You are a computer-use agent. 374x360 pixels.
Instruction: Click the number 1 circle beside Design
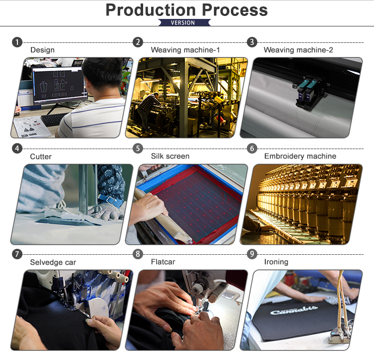click(x=17, y=42)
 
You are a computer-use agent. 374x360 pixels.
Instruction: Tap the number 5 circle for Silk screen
click(x=138, y=149)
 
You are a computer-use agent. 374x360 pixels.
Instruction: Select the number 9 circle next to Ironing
click(x=252, y=254)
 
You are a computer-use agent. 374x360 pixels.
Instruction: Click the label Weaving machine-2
click(x=298, y=50)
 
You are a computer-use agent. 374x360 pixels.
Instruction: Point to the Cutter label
click(x=41, y=157)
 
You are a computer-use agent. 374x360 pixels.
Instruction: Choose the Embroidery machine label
click(x=300, y=156)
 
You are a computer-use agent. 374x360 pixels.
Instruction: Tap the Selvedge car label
click(x=53, y=262)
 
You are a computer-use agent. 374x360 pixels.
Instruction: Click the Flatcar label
click(x=163, y=262)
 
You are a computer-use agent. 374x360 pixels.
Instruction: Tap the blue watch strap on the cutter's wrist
click(x=110, y=200)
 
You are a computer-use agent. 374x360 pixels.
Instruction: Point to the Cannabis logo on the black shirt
click(x=294, y=310)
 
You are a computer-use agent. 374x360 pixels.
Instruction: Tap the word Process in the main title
click(x=235, y=10)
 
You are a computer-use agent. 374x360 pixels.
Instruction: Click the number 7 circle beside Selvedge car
click(x=17, y=254)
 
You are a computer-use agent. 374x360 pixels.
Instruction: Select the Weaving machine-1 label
click(x=186, y=50)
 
